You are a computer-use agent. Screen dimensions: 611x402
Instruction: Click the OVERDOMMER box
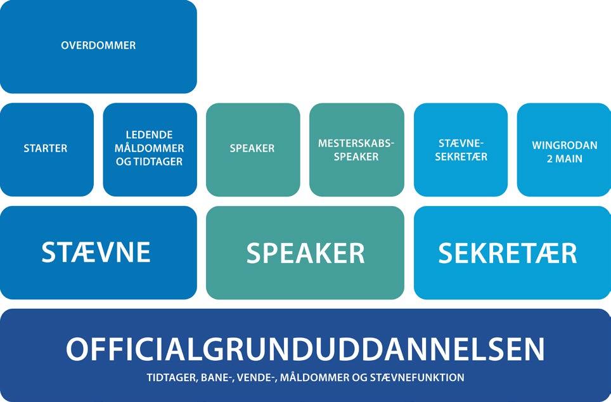point(98,46)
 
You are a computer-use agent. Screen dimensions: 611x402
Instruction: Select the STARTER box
point(46,149)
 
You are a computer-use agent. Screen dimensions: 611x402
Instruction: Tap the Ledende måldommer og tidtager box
point(150,149)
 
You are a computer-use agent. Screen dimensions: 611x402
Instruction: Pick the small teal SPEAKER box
point(252,148)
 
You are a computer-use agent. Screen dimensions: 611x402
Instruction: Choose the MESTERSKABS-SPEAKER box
point(356,150)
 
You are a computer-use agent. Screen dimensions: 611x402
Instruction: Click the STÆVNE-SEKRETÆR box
point(461,150)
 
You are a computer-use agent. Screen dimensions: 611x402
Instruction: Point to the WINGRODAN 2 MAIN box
point(564,150)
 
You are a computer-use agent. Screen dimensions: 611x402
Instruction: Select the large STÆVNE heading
point(96,252)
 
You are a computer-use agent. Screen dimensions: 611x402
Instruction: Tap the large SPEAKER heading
point(305,253)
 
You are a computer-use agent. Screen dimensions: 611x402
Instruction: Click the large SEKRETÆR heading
point(508,253)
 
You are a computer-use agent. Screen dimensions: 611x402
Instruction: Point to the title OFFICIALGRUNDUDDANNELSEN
point(305,349)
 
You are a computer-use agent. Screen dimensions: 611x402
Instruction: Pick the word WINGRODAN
point(564,145)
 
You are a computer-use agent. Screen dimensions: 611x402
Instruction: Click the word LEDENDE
point(150,135)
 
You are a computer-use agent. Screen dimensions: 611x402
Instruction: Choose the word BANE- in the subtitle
point(217,378)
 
